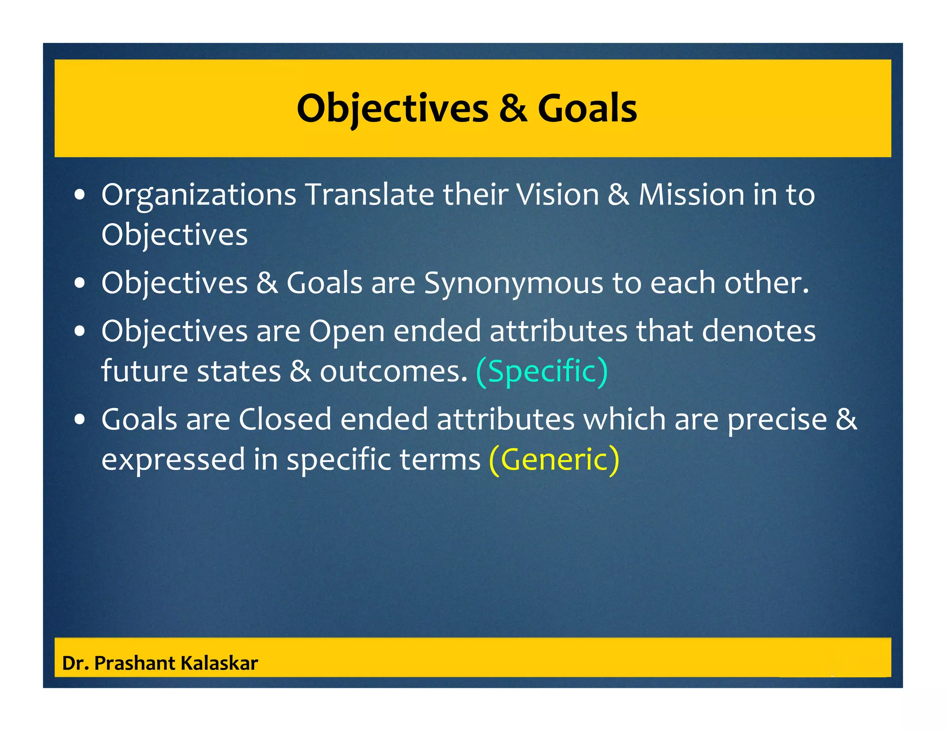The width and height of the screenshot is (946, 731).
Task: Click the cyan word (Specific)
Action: coord(542,371)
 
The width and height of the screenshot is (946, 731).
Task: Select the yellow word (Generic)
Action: coord(554,459)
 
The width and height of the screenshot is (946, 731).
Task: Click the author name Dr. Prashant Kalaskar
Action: coord(160,663)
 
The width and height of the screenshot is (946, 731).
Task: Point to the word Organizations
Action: coord(199,195)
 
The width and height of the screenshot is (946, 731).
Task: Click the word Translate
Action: coord(370,194)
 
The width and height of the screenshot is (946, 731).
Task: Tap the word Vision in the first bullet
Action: coord(558,194)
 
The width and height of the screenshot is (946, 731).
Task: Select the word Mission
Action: coord(691,194)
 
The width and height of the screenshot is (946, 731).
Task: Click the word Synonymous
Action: coord(514,283)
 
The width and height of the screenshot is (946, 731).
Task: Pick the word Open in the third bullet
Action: coord(346,332)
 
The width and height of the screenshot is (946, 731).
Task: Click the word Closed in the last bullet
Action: coord(285,420)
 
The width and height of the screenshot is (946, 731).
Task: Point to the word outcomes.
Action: coord(394,371)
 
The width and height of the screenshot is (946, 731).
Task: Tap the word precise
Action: coord(777,420)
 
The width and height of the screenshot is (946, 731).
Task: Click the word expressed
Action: coord(173,460)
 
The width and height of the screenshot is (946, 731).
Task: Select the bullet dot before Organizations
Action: coord(80,195)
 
